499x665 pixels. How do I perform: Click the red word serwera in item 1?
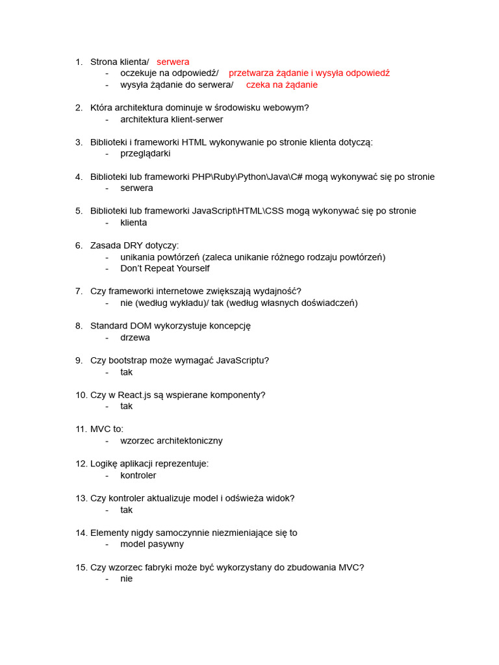[x=173, y=62]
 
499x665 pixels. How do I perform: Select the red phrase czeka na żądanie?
[x=281, y=84]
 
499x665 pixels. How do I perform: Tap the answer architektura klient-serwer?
[x=172, y=119]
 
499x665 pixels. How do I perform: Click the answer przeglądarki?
[x=146, y=154]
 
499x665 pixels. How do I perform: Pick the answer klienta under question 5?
[x=134, y=223]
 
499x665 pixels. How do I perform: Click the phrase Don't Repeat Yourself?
[x=165, y=268]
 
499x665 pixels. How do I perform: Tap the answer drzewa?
[x=135, y=338]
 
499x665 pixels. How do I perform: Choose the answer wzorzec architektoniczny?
[x=172, y=441]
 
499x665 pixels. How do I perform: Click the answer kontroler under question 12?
[x=138, y=475]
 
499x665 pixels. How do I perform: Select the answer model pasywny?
[x=152, y=544]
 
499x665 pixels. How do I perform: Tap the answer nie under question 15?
[x=127, y=579]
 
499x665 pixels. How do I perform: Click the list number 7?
[x=79, y=292]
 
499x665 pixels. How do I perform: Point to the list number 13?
[x=81, y=498]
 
